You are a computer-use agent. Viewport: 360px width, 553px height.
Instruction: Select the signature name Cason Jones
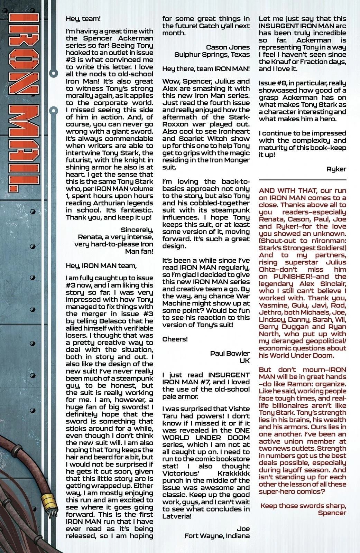(x=228, y=47)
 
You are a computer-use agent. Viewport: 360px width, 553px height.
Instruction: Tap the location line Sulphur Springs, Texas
(x=212, y=54)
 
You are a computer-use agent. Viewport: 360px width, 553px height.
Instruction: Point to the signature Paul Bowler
(x=230, y=353)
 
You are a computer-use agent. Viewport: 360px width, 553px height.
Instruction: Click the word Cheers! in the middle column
(x=175, y=339)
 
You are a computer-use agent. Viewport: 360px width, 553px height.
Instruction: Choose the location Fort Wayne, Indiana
(x=217, y=536)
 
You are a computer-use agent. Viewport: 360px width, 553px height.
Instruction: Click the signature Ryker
(x=336, y=169)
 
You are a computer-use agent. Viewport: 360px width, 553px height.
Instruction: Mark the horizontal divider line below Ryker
(x=302, y=180)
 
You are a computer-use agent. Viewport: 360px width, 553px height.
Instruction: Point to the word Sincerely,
(x=137, y=229)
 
